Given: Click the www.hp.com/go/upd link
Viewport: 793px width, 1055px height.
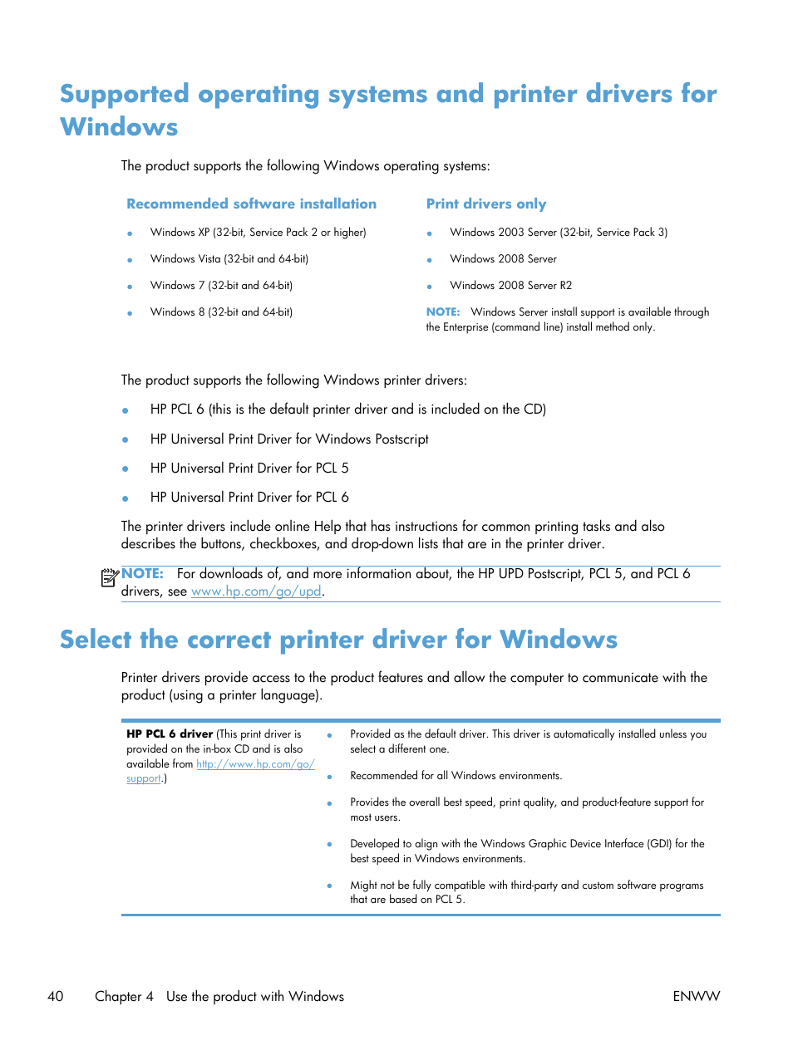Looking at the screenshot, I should (x=256, y=591).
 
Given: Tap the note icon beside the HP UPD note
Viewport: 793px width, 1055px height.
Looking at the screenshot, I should (x=109, y=577).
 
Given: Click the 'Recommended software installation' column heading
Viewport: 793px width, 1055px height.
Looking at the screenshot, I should (x=251, y=204).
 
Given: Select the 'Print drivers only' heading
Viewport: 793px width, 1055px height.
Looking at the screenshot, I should (x=486, y=204).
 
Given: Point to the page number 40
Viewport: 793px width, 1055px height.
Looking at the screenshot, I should (x=56, y=996).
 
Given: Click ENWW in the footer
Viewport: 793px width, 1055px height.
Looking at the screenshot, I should (x=696, y=996).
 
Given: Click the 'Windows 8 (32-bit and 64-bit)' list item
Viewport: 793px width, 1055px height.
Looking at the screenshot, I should (x=221, y=312).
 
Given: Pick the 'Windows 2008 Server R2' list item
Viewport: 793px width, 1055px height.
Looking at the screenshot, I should (x=510, y=286).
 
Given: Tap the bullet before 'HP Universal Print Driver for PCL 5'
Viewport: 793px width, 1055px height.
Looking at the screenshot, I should (x=126, y=469).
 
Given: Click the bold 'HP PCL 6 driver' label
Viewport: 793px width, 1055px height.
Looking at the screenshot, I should (x=170, y=734).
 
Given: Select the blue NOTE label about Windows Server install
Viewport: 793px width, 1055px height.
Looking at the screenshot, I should (x=443, y=312).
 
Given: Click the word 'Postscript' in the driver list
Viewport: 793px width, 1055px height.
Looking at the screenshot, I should (x=401, y=439).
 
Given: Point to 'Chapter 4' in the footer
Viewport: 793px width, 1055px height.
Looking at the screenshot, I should (x=124, y=996).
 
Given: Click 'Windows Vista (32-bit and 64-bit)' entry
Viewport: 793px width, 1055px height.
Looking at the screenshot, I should (x=229, y=259).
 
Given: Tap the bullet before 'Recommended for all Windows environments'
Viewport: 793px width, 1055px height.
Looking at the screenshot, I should (x=329, y=777).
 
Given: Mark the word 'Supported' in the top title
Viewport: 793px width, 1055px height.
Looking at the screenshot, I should (x=125, y=94).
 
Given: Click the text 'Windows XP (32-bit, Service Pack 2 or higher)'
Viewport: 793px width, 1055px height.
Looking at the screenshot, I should (x=258, y=233).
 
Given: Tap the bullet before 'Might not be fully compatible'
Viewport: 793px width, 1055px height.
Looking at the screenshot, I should (x=329, y=886).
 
